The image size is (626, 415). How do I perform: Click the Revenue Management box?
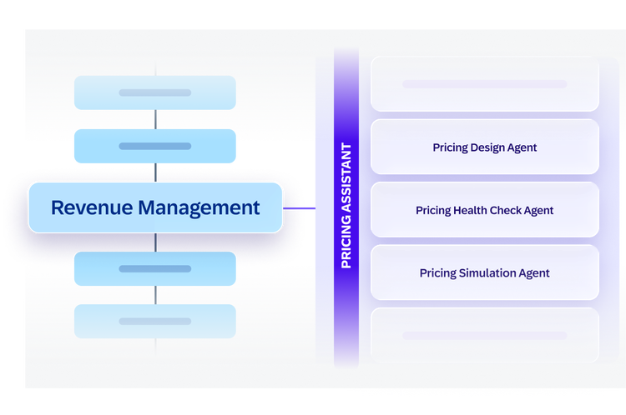155,207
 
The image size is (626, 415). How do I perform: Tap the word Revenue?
92,207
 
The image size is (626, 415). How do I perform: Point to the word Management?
199,208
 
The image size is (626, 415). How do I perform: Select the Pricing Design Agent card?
485,147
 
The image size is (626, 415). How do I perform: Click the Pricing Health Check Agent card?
485,210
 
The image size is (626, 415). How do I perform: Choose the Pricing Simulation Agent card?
485,272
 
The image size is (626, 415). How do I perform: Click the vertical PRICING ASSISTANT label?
346,206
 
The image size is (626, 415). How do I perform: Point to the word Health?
470,210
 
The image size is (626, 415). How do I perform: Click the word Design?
487,147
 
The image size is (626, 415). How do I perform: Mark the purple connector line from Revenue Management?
299,208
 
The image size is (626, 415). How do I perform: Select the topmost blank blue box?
155,92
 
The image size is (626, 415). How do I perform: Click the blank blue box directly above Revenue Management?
155,146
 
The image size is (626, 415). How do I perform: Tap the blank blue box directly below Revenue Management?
155,268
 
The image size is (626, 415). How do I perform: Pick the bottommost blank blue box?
155,322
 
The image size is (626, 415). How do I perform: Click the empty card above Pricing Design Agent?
485,83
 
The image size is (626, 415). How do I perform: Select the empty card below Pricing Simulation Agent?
485,335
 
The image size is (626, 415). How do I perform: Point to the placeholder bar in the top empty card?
485,83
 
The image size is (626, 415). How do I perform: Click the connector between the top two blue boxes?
155,119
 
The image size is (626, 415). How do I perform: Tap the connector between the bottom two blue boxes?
155,295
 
